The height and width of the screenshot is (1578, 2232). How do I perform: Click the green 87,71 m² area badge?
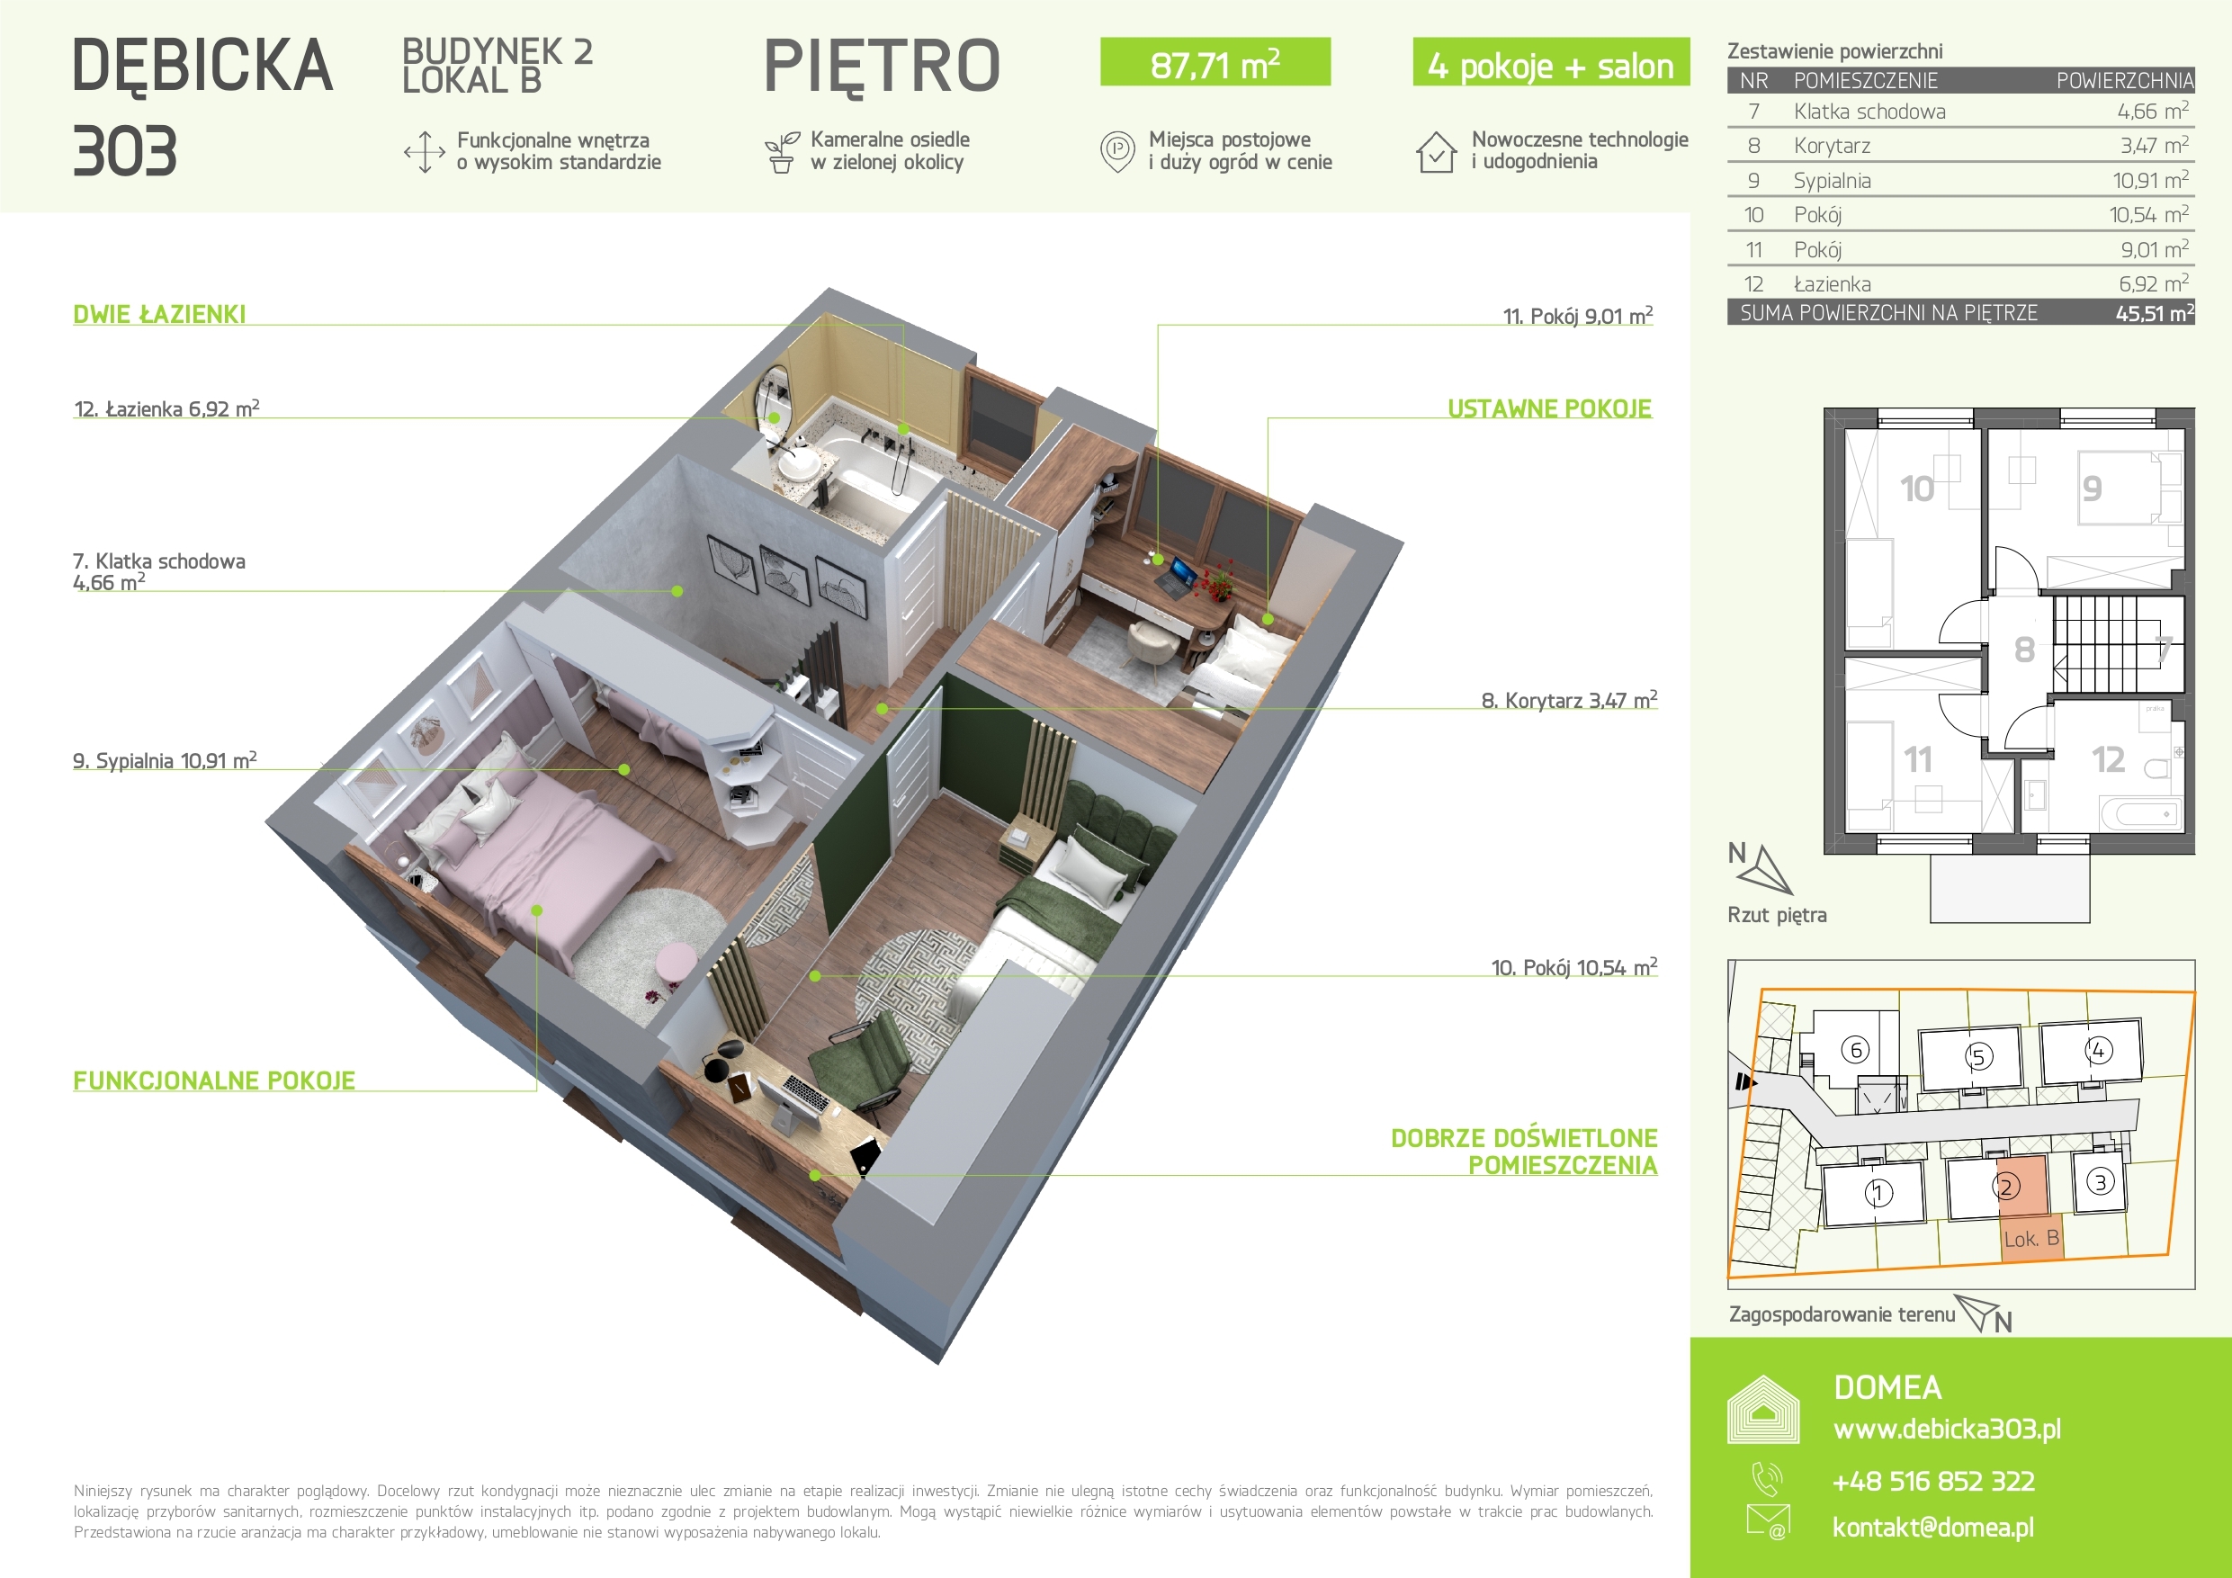[x=1215, y=62]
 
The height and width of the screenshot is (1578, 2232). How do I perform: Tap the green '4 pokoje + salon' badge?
[x=1551, y=62]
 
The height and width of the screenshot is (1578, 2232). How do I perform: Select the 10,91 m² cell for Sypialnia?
[x=2150, y=180]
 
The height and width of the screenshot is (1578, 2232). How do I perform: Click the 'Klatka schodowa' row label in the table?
[x=1869, y=112]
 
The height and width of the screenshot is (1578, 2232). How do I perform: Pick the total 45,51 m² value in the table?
[x=2155, y=313]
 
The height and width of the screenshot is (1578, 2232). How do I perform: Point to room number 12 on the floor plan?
[x=2108, y=759]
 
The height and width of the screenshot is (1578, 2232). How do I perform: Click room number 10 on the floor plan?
[x=1917, y=489]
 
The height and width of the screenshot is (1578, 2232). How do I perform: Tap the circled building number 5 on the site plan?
[x=1978, y=1057]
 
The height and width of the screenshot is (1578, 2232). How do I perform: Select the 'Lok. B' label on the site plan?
[x=2030, y=1239]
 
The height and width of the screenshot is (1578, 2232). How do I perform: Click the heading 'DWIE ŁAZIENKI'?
[x=159, y=314]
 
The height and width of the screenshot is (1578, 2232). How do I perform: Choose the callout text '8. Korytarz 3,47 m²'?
[x=1569, y=700]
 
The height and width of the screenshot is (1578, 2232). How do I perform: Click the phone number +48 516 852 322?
[x=1933, y=1482]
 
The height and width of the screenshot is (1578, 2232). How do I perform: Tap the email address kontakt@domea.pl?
[x=1932, y=1528]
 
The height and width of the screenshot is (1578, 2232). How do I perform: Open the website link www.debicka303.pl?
[x=1947, y=1430]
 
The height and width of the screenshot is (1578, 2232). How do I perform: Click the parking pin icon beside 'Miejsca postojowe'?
[x=1117, y=152]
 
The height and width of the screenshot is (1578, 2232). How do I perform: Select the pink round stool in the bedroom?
[x=676, y=964]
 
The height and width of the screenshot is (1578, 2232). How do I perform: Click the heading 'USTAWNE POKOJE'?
[x=1549, y=408]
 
